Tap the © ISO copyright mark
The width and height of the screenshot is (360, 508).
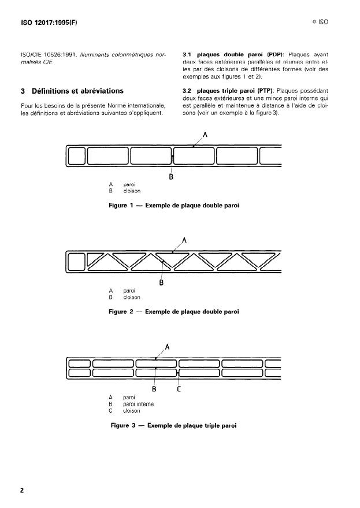320,24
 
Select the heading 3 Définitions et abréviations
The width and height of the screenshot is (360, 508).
72,91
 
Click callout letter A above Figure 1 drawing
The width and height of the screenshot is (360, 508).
205,135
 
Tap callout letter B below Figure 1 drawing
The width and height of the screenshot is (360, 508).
171,177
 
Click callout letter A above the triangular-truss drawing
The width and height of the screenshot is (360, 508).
184,240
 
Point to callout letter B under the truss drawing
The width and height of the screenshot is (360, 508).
162,283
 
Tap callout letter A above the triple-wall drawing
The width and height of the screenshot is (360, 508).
167,347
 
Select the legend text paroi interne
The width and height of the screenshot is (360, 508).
138,404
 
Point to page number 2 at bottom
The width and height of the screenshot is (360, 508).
22,491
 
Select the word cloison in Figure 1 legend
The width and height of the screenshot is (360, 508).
132,191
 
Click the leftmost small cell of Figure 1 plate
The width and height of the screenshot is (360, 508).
76,156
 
